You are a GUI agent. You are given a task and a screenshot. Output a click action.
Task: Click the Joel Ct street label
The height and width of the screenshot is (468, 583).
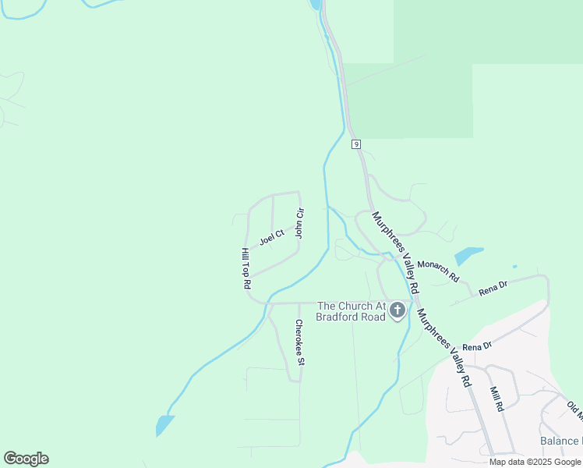pos(272,237)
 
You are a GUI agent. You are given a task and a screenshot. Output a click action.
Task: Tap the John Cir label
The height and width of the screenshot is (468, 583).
pos(299,223)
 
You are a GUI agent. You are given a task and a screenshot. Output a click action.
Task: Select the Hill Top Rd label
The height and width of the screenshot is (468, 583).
pos(245,268)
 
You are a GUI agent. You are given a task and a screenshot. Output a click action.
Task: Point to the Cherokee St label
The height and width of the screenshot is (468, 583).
pos(299,342)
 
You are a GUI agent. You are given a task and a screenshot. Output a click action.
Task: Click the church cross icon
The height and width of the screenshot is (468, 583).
pos(397,311)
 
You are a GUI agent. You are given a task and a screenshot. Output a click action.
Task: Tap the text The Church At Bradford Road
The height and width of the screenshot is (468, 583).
pos(351,311)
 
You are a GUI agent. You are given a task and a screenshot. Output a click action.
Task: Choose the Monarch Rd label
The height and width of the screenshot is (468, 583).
pos(437,271)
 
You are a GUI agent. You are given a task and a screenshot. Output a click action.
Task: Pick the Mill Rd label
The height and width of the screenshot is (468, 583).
pos(496,399)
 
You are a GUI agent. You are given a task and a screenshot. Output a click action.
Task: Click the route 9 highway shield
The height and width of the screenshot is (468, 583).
pos(355,144)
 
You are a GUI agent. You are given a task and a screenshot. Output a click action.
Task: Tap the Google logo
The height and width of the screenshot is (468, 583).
pos(26,459)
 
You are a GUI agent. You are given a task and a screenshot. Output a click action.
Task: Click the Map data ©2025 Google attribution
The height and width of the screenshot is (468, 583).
pos(535,462)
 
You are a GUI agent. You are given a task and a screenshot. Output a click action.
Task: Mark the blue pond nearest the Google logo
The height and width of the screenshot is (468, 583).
pos(164,425)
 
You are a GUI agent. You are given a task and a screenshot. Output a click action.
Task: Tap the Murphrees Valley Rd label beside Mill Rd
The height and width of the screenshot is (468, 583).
pos(444,348)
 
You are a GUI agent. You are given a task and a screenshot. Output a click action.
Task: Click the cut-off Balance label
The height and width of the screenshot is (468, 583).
pos(560,441)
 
